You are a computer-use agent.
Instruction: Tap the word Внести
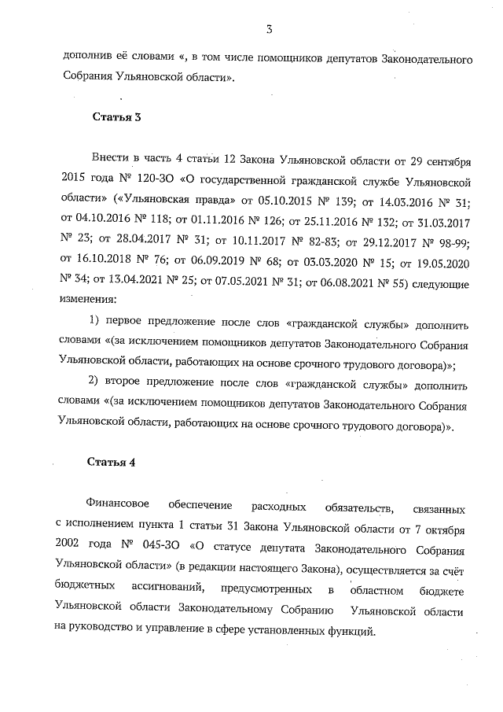[111, 160]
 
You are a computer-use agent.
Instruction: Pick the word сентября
[446, 160]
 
